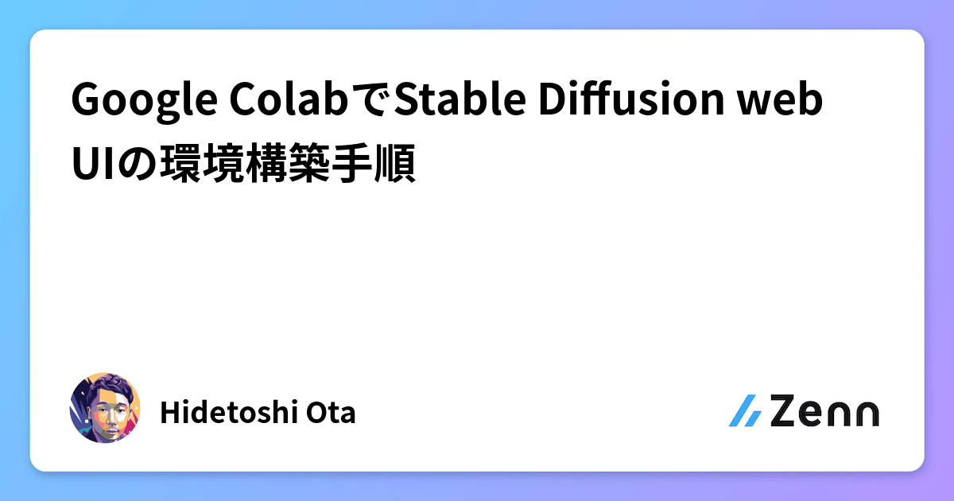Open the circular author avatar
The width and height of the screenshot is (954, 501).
click(x=105, y=408)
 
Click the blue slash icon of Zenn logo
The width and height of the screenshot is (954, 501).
click(x=746, y=411)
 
